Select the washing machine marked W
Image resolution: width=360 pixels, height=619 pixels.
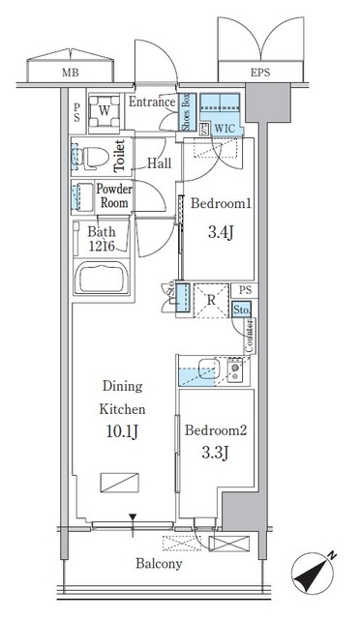click(103, 110)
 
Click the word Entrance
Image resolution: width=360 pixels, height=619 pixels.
click(152, 102)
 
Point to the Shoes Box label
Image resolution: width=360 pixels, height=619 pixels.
click(187, 111)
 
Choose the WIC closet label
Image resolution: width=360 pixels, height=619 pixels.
click(225, 126)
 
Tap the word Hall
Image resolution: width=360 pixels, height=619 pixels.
click(160, 162)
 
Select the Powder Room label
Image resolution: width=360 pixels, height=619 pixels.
click(114, 196)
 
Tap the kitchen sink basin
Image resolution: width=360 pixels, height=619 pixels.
click(204, 368)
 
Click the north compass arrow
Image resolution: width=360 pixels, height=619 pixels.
click(318, 573)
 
